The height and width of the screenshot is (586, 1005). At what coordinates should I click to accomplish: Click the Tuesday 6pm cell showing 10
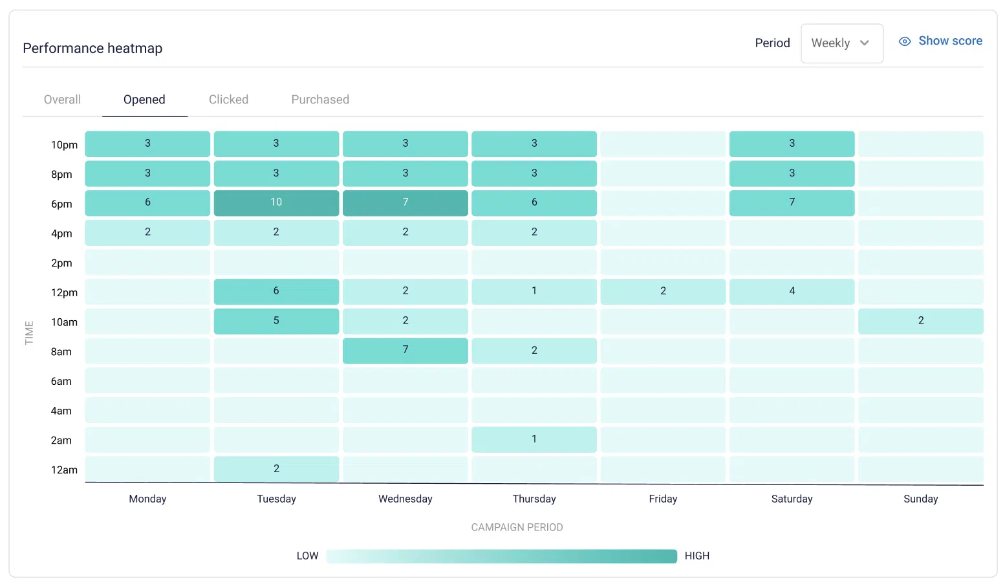click(276, 202)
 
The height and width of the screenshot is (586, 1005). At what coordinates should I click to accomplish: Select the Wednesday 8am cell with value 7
click(405, 351)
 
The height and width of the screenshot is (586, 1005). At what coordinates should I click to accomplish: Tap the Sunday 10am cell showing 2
click(920, 321)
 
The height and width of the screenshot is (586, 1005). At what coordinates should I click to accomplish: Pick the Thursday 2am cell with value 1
click(534, 439)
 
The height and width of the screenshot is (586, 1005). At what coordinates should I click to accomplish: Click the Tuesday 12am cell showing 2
click(276, 469)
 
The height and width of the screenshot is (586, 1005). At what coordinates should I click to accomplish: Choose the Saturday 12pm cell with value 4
click(792, 292)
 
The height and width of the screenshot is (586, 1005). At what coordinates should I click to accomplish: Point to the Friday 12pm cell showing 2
click(663, 292)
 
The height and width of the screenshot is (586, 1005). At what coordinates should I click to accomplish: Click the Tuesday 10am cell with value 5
click(276, 321)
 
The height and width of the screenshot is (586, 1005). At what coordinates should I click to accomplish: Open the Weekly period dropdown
click(841, 43)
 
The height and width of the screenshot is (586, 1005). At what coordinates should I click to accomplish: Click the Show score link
click(949, 41)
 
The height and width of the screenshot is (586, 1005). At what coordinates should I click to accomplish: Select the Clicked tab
click(228, 100)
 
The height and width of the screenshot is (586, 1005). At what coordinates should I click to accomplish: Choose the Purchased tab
click(320, 100)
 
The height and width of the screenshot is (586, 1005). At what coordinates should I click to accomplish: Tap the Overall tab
click(62, 100)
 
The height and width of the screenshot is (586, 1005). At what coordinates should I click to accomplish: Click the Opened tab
click(144, 100)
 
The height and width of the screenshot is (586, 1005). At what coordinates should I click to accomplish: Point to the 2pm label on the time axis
click(61, 263)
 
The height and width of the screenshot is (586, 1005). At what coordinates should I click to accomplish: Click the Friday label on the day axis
click(663, 499)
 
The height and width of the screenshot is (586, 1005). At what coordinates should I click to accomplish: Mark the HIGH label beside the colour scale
click(697, 556)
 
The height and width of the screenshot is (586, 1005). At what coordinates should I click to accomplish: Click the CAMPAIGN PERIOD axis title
click(517, 527)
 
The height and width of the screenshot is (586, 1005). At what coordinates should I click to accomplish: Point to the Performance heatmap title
click(92, 49)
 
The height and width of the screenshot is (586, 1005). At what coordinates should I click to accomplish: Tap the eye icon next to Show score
click(905, 41)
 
